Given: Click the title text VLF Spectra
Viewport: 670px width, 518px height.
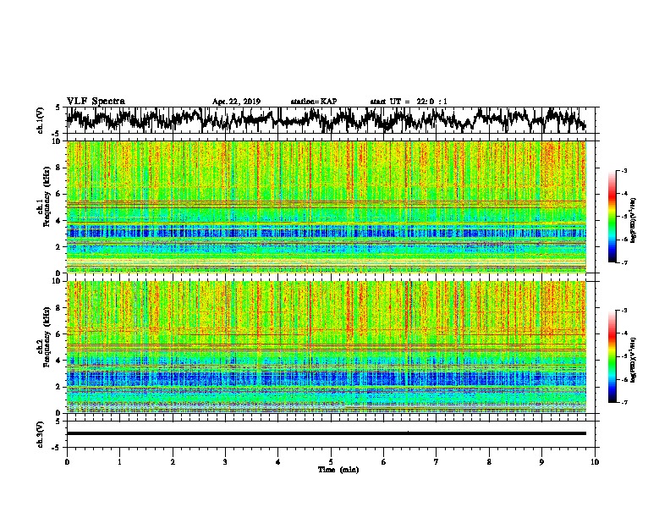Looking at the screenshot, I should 96,101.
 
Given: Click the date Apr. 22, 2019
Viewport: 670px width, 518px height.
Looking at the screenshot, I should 236,102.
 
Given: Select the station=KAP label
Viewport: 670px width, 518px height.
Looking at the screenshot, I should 313,102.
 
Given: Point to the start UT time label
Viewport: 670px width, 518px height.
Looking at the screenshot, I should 409,102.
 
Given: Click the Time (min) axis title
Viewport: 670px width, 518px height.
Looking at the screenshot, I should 337,469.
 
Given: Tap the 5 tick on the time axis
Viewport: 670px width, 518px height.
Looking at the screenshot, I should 331,461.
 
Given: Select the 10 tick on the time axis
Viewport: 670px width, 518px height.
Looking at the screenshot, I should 596,461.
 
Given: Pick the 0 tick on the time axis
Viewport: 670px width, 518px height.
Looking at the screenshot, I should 67,461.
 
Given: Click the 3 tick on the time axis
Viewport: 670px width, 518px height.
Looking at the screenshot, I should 225,461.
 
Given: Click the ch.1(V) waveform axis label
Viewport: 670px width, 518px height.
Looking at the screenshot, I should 41,120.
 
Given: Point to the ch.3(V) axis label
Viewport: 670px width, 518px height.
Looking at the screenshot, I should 41,433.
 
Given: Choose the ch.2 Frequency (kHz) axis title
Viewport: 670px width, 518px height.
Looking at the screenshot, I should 42,345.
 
